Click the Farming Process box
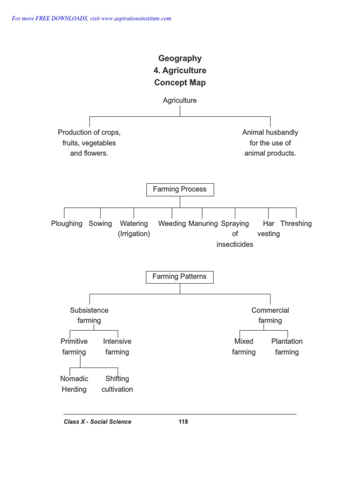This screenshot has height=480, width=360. [x=180, y=189]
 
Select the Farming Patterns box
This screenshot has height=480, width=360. [x=180, y=277]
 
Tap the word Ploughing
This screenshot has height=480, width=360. [x=67, y=224]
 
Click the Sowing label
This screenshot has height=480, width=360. [x=100, y=224]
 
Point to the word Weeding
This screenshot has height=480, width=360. [x=172, y=224]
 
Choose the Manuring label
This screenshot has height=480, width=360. [x=203, y=224]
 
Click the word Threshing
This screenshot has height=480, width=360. [x=296, y=224]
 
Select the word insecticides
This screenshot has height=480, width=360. [x=235, y=244]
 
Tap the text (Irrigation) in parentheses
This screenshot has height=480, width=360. [x=134, y=234]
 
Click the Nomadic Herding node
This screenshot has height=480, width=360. [x=74, y=384]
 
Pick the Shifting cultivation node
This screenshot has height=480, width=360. [x=117, y=384]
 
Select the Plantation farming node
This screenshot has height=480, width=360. [x=287, y=346]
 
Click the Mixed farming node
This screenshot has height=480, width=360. [x=244, y=346]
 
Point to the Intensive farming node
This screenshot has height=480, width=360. [x=117, y=346]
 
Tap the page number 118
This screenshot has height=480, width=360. [x=183, y=422]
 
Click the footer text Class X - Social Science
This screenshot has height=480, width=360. [x=97, y=422]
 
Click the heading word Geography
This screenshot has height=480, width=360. [x=180, y=59]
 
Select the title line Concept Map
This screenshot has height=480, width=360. [x=180, y=83]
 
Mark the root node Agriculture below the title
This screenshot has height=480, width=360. [x=180, y=100]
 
